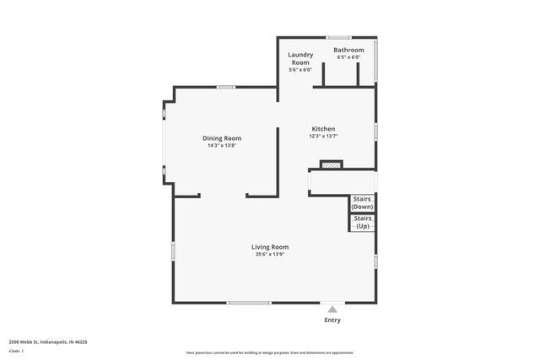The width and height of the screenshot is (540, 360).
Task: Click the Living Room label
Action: (270, 247)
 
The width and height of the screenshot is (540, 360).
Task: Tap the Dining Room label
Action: (222, 138)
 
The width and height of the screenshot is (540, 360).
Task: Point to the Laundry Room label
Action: (300, 58)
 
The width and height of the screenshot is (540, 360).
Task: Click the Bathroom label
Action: (348, 51)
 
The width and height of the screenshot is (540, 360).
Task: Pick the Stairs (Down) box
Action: (362, 202)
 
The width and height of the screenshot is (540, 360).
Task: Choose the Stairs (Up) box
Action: (362, 223)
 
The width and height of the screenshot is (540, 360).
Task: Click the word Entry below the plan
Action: (333, 320)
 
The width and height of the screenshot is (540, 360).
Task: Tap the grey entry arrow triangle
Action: (333, 309)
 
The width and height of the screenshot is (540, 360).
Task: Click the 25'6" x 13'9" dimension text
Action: (270, 255)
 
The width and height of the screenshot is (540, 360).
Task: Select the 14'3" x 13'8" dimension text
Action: (222, 146)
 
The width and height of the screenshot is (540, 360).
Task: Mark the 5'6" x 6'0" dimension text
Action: (300, 70)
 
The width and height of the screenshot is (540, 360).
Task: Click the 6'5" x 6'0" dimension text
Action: (348, 58)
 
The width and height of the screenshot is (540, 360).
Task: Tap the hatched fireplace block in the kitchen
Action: (332, 165)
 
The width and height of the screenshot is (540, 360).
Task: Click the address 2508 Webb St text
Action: (48, 342)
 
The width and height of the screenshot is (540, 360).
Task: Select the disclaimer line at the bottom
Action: (270, 352)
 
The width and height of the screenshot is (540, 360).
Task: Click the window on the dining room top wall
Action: (225, 87)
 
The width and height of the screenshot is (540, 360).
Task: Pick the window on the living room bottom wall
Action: (249, 303)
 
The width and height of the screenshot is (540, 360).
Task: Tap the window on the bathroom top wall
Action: (339, 37)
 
